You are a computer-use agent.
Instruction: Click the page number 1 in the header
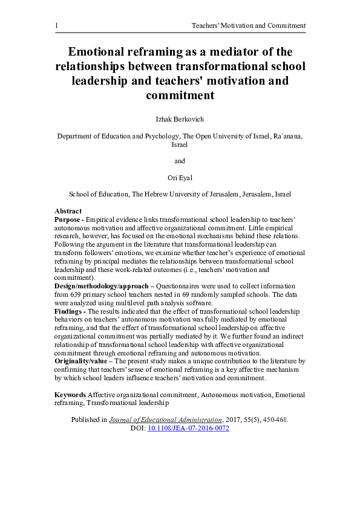[56, 25]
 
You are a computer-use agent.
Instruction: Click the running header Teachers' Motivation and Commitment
[248, 25]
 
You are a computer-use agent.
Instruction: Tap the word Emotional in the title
[100, 53]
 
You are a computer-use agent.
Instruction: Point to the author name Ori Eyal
[180, 178]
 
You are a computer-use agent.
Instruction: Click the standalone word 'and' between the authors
[180, 161]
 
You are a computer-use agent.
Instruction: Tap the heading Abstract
[68, 212]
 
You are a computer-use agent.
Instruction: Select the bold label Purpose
[68, 219]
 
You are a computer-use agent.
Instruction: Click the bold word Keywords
[70, 395]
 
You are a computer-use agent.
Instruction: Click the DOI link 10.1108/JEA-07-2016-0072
[188, 428]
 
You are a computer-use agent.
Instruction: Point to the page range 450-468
[275, 420]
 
